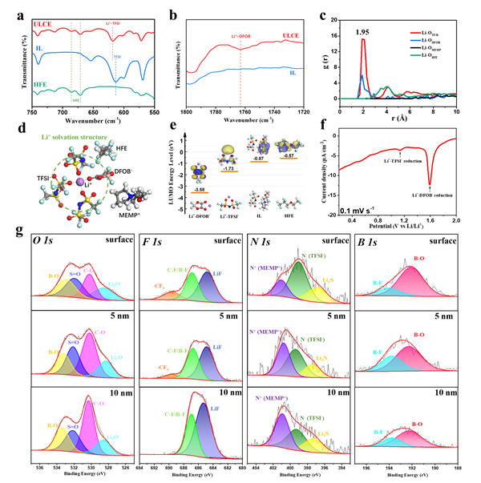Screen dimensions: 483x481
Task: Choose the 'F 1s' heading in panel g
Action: click(x=150, y=240)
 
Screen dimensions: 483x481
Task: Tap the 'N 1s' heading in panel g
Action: click(x=261, y=240)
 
